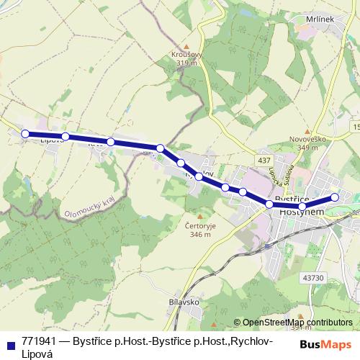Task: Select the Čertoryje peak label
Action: coord(197,225)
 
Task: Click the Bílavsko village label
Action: coord(183,302)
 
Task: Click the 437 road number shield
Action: coord(265,159)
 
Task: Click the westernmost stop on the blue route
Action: coord(25,133)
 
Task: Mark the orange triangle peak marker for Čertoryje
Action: coord(198,215)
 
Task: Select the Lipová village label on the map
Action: coord(52,140)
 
